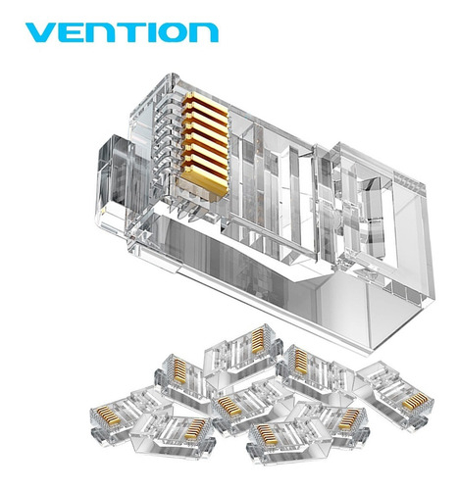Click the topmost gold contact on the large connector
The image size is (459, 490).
pos(205,102)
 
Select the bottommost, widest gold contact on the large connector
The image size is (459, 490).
pos(205,180)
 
